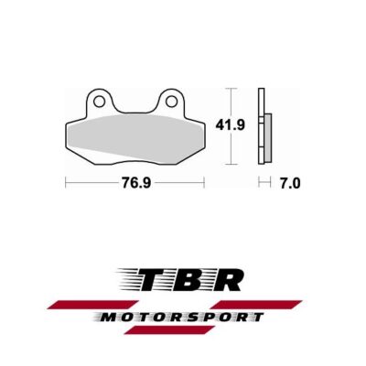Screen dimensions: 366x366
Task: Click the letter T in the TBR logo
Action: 152,279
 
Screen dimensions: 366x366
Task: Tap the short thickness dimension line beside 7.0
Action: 264,183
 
